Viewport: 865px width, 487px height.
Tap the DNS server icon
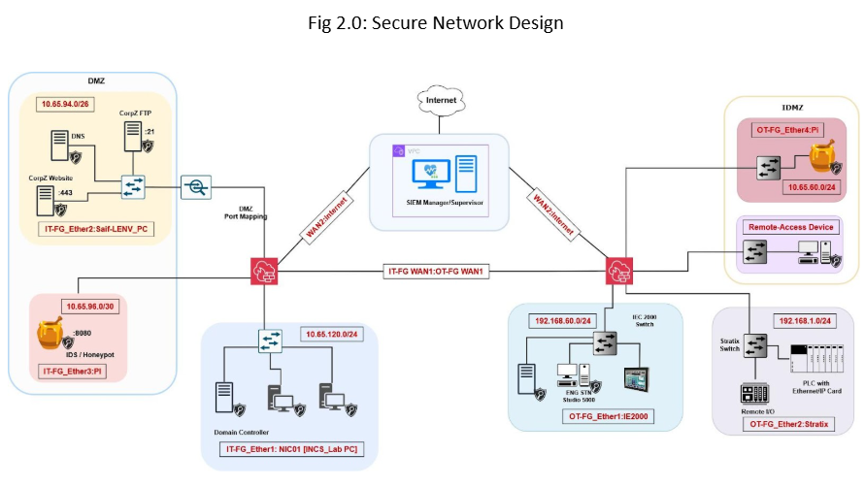pos(59,146)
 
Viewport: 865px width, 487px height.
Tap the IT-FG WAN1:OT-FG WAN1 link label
pos(437,272)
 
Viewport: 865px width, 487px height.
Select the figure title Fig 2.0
pos(432,22)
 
